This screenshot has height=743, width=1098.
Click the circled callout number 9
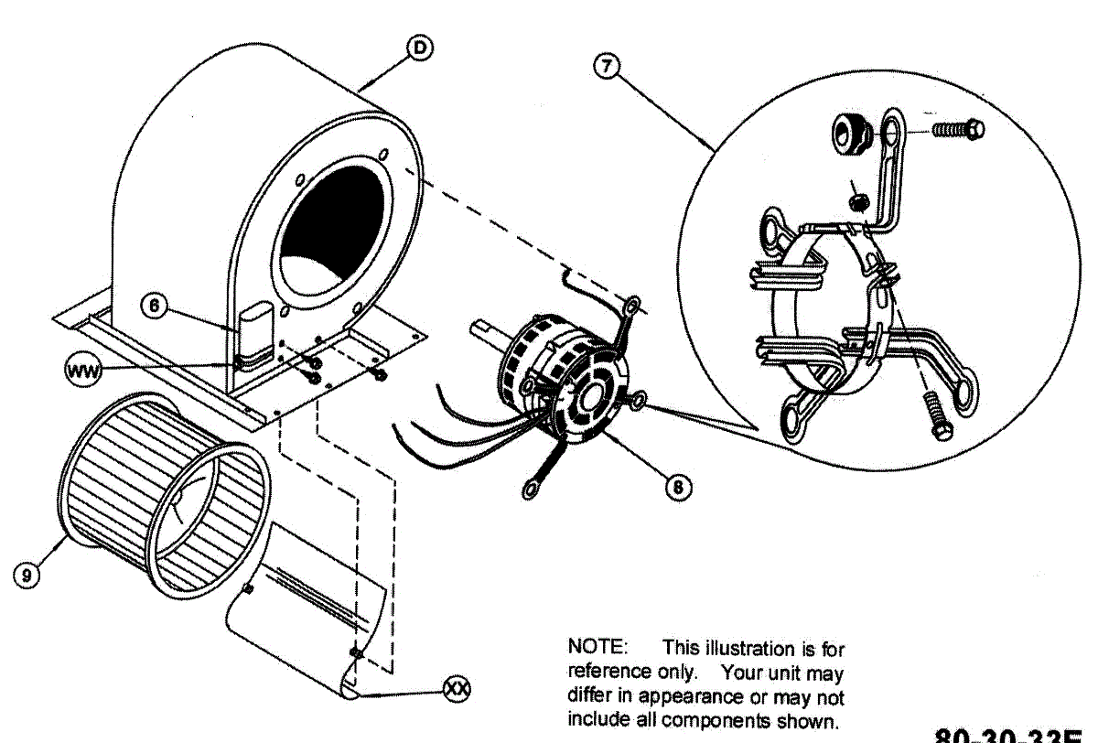coord(27,575)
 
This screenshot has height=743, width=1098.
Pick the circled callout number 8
coord(677,487)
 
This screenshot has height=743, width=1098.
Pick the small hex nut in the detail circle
coord(857,199)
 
